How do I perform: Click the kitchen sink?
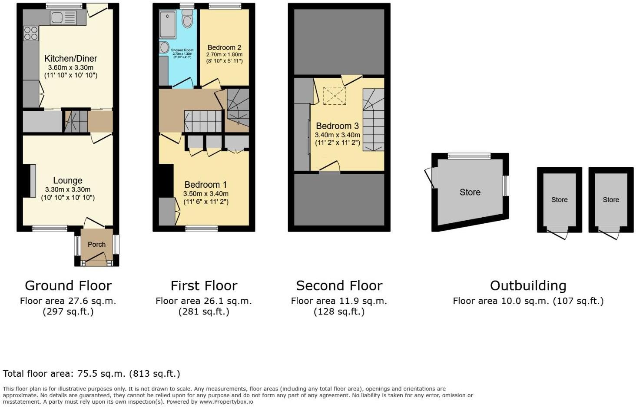63,18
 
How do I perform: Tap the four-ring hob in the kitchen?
31,33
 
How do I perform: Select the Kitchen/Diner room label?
71,59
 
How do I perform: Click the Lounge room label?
68,180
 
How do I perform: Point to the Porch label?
96,244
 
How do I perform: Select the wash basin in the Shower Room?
164,47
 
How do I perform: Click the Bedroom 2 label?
224,47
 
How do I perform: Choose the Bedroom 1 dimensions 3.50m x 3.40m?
205,194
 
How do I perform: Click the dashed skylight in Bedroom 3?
335,96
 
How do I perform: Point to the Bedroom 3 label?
338,126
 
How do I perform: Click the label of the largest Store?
470,192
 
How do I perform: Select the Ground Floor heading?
68,285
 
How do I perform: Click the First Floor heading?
204,285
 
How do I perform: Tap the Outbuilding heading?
528,285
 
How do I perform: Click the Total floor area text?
91,373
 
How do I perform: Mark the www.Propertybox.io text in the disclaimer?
226,402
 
